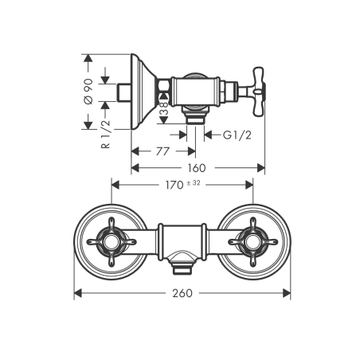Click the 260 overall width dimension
click(182, 293)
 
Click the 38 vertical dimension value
click(163, 110)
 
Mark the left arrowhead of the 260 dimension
click(77, 293)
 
